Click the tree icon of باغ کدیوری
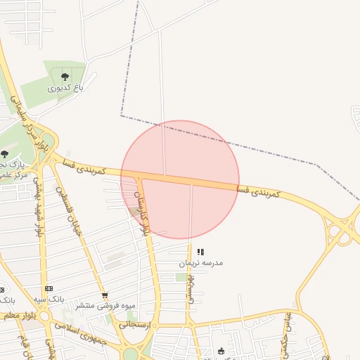tap(65, 77)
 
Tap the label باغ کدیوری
tap(65, 89)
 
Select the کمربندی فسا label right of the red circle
tap(258, 191)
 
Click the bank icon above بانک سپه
tap(49, 288)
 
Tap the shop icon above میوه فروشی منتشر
tap(105, 295)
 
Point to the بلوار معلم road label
tap(18, 316)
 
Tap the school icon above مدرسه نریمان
tap(200, 252)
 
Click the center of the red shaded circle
tap(180, 180)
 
